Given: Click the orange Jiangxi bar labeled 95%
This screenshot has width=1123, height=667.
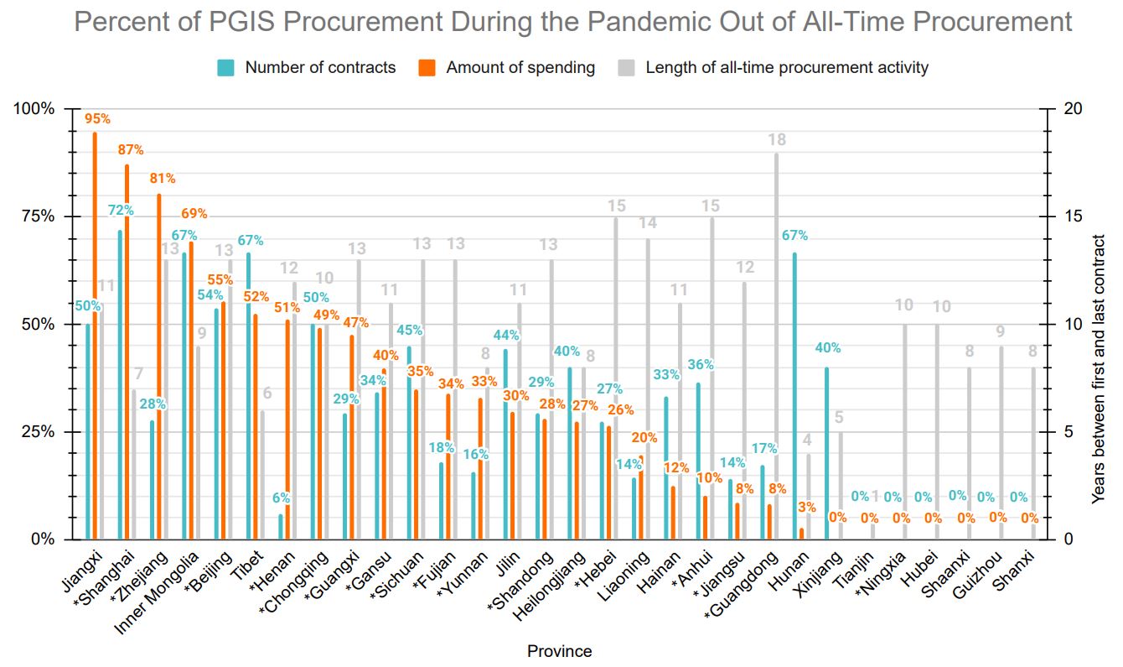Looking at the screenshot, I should [x=95, y=336].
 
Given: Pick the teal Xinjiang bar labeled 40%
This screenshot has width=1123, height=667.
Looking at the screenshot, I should [x=825, y=453].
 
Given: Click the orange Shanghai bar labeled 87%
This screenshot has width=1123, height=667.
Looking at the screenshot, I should [x=127, y=352].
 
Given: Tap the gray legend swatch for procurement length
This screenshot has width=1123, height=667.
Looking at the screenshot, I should [x=626, y=68].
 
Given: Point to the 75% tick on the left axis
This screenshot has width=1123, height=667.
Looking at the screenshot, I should [x=38, y=216].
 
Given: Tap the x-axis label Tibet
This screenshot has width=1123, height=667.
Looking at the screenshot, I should [x=253, y=564].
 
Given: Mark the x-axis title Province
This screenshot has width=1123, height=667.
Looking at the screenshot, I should [x=559, y=651].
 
